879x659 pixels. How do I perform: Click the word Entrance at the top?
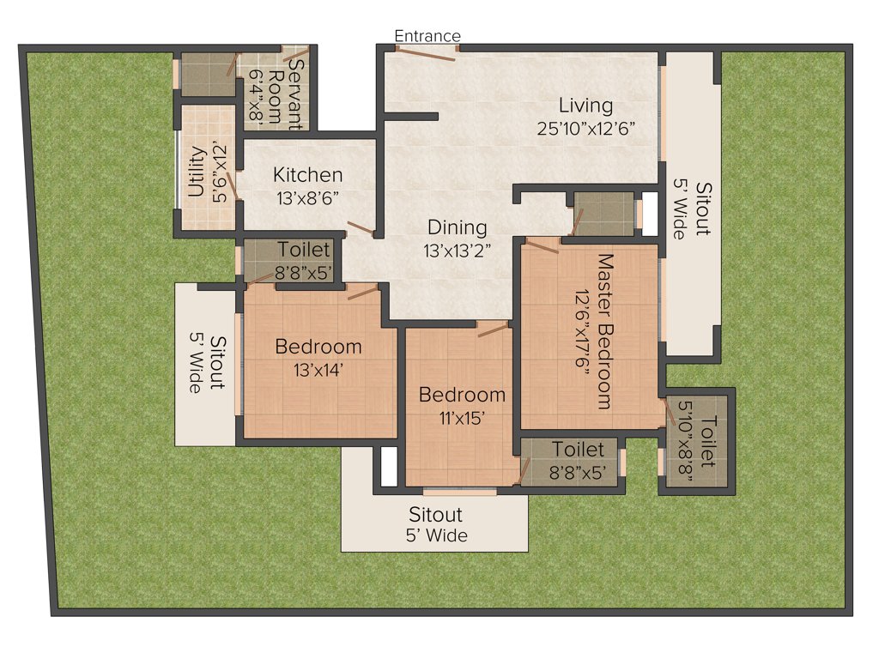coord(427,36)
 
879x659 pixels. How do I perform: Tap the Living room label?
coord(586,106)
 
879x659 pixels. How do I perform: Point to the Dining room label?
coord(458,227)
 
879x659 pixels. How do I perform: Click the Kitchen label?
coord(307,175)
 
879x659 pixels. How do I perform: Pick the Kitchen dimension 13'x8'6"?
coord(308,197)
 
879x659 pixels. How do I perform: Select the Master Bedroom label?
coord(604,330)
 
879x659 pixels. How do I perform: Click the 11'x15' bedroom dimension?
coord(462,418)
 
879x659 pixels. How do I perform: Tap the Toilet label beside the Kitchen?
coord(304,250)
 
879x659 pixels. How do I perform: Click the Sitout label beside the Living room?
coord(703,209)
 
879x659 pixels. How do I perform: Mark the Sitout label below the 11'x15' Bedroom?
coord(435,515)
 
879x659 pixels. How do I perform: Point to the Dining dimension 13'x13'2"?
coord(458,251)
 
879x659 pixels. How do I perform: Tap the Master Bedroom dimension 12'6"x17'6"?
coord(583,330)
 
